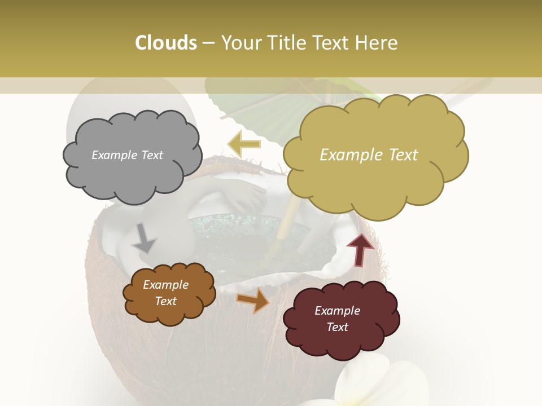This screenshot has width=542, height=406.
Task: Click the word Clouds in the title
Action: click(x=165, y=43)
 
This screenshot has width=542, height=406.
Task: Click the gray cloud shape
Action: click(x=132, y=155)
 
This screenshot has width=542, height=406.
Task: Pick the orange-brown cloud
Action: click(x=168, y=293)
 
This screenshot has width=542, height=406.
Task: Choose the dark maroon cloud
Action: click(x=340, y=319)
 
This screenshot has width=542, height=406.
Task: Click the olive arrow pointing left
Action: click(x=244, y=144)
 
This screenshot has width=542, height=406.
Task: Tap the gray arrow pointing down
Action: click(x=144, y=238)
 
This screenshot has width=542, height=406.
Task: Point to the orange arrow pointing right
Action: click(x=253, y=301)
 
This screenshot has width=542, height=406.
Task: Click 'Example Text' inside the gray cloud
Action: click(x=127, y=155)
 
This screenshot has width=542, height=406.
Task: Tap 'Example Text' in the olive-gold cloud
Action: click(x=369, y=155)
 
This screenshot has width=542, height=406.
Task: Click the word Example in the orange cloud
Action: click(x=165, y=285)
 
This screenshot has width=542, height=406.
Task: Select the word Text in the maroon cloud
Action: click(x=337, y=327)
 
